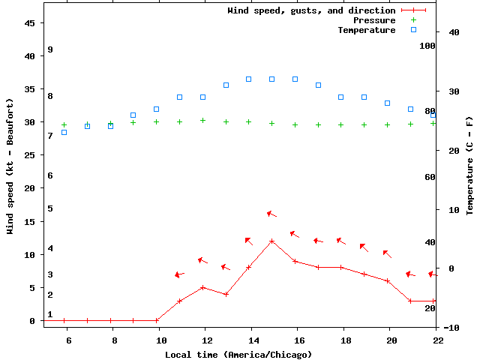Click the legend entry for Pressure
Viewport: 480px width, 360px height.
(x=374, y=20)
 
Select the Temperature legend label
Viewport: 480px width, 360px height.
(x=366, y=30)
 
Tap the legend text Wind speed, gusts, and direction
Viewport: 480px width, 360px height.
(x=311, y=10)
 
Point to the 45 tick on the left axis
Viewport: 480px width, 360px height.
(x=30, y=23)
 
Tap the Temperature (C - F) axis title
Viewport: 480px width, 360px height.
(x=470, y=165)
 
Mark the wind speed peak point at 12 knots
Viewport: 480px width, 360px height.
(x=271, y=241)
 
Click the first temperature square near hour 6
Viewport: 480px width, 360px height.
(x=64, y=132)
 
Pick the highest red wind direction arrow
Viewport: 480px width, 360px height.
(x=271, y=214)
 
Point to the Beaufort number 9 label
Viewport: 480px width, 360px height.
(x=50, y=49)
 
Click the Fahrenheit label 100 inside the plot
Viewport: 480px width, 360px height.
(x=427, y=46)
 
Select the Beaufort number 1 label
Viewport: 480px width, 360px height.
(x=50, y=314)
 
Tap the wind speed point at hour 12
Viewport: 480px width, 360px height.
(x=202, y=287)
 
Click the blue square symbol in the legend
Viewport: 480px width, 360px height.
(x=412, y=30)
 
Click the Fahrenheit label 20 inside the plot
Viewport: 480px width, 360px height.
(x=430, y=308)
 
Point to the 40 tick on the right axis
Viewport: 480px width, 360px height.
(x=454, y=32)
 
